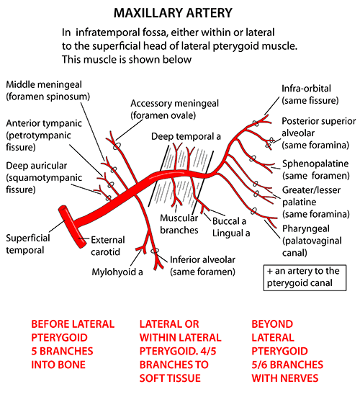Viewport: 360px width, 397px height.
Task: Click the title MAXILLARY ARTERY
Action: point(173,13)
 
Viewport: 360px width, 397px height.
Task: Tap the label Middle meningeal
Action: point(44,84)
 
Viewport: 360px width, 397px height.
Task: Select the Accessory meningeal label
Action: point(174,104)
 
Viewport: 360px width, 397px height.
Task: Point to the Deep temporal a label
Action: point(186,136)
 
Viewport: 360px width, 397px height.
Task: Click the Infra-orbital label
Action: point(306,89)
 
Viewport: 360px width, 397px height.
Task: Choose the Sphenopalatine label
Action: point(315,164)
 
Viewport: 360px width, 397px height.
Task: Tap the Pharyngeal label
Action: point(305,229)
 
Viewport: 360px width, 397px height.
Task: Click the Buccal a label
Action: point(229,221)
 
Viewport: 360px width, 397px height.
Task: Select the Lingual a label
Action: point(231,233)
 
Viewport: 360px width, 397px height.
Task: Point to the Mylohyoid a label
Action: point(117,272)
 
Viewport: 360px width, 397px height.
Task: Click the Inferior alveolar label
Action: point(202,260)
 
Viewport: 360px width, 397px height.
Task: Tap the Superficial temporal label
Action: point(28,244)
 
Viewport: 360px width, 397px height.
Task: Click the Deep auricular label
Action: point(37,166)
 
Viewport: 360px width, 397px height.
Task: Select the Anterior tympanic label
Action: point(44,123)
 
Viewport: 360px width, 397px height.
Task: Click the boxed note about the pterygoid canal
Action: point(305,277)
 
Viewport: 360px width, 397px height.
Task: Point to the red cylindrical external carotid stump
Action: point(73,227)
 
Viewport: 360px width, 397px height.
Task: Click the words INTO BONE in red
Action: point(58,365)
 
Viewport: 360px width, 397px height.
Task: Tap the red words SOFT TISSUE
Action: point(170,378)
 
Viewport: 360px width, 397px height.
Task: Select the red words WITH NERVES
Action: point(285,378)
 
